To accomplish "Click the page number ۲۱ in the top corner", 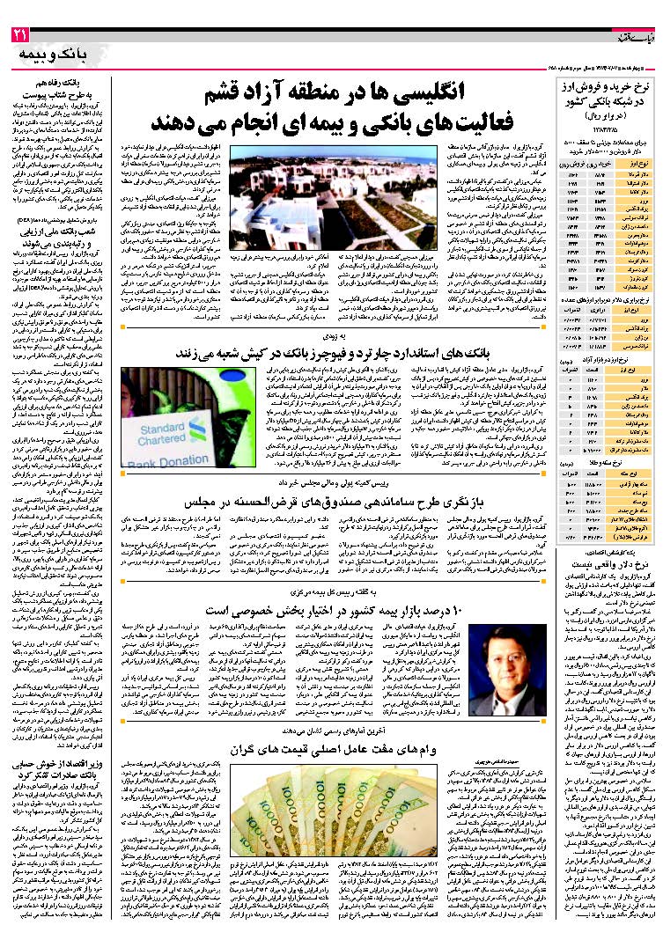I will click(x=20, y=35).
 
